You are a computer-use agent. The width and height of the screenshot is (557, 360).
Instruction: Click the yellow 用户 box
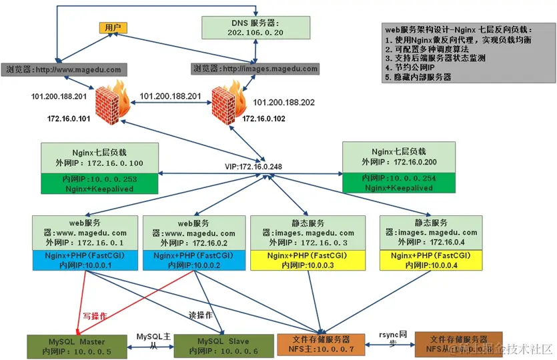[x=113, y=27]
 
